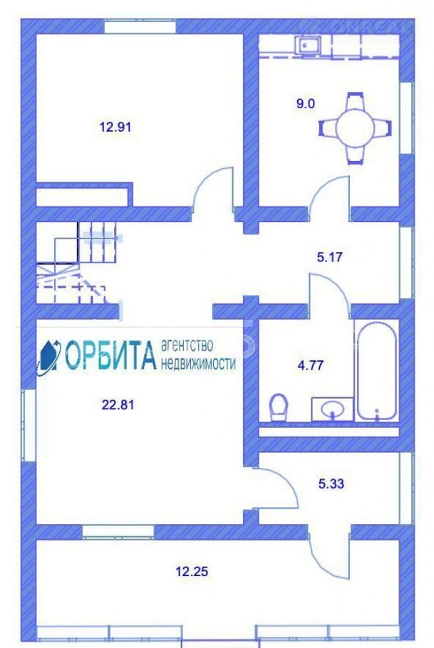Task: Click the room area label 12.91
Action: point(115,127)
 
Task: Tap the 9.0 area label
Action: point(305,103)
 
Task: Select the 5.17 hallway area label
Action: point(329,257)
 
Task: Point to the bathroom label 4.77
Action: point(310,365)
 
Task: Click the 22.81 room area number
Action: point(118,404)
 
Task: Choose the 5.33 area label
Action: point(331,483)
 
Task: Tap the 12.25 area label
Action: point(192,572)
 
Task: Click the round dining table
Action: point(355,128)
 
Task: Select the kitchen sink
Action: point(307,44)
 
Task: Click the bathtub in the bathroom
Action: point(377,372)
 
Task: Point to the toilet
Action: point(279,407)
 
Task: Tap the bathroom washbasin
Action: point(332,409)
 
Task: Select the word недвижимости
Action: point(198,363)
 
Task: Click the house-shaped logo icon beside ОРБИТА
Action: point(48,357)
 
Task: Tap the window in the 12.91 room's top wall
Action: point(140,27)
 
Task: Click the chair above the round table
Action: point(355,101)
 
